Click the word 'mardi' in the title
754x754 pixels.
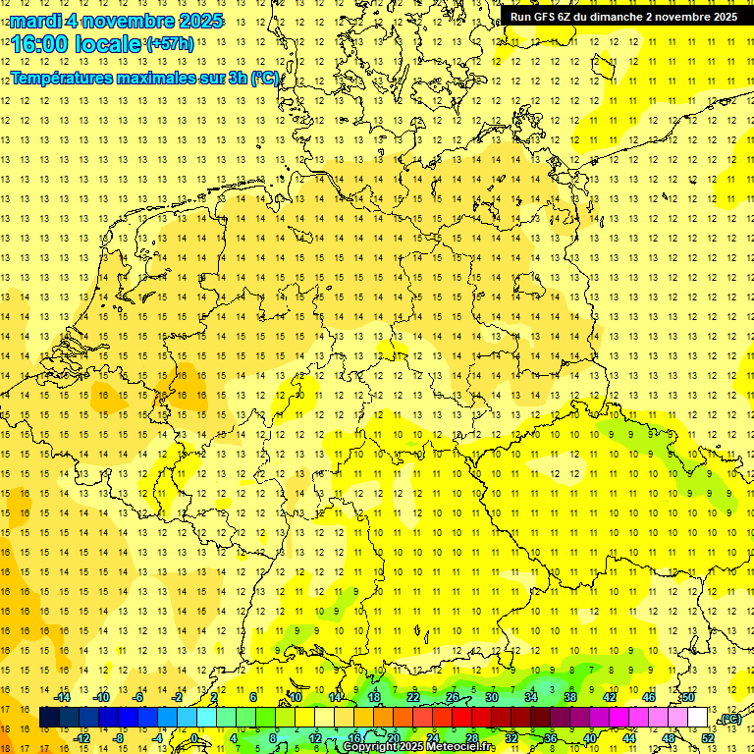click(35, 21)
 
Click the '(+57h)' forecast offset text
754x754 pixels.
click(170, 44)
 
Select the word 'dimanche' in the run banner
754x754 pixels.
click(616, 17)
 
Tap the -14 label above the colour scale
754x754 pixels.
click(62, 697)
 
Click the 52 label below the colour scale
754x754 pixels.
click(708, 738)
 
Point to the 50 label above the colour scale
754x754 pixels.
click(688, 697)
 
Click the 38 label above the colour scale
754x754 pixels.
click(570, 697)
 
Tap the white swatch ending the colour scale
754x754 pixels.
click(698, 718)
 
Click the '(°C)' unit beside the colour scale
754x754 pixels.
click(729, 720)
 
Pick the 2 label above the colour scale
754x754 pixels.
click(214, 697)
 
